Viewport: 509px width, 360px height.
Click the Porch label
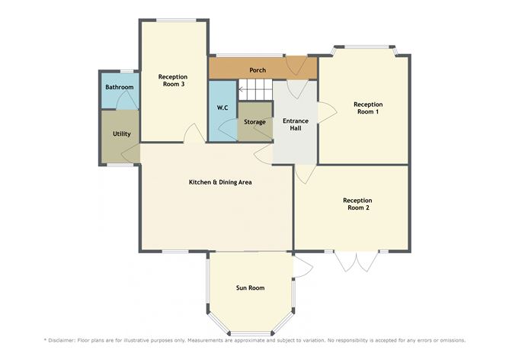click(258, 70)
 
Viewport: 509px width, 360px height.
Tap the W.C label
click(222, 108)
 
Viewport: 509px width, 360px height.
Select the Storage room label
click(254, 122)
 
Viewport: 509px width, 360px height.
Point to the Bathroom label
click(120, 87)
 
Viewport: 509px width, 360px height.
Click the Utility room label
click(122, 134)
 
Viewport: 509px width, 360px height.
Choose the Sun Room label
click(250, 288)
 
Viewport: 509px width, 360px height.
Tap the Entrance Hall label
click(296, 124)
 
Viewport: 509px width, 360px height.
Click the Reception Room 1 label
click(368, 108)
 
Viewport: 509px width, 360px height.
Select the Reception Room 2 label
click(357, 204)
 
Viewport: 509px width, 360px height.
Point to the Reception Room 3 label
click(173, 80)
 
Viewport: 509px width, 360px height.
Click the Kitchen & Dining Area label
click(220, 182)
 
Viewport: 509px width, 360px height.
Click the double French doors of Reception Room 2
click(357, 261)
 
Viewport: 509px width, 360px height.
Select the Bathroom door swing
click(127, 99)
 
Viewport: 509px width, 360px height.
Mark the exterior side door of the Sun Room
click(303, 265)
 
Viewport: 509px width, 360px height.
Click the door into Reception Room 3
click(194, 133)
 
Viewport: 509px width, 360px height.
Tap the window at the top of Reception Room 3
click(176, 21)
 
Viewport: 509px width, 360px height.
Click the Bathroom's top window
click(127, 71)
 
